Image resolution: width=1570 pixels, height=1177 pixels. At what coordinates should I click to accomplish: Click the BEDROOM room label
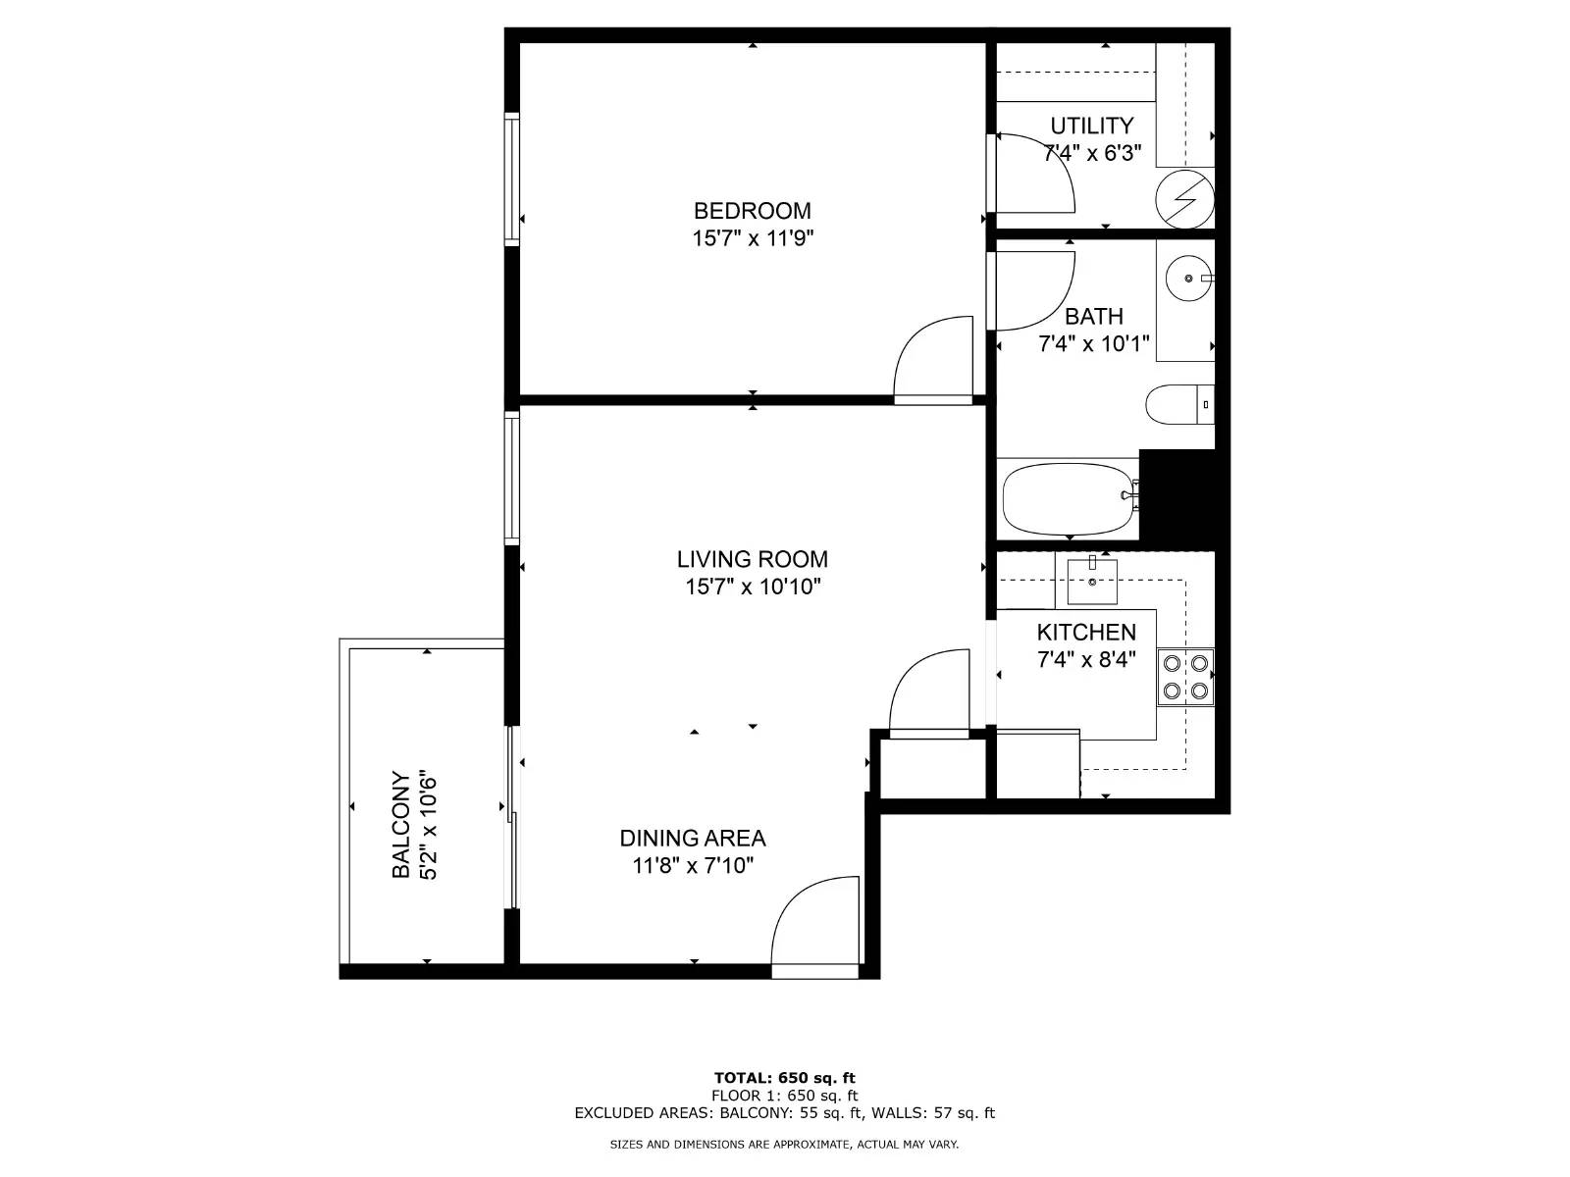752,211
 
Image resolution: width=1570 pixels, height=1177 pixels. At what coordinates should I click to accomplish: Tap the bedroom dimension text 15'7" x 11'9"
753,238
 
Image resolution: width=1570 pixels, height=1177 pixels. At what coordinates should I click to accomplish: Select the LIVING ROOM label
752,559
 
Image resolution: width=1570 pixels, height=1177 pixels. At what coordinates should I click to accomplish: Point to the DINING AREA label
693,838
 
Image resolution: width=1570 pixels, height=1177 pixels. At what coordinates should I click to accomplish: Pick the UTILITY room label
1091,126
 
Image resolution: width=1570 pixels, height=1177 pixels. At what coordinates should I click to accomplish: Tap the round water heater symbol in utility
1184,199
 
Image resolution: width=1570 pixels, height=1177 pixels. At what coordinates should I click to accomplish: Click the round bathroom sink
1188,278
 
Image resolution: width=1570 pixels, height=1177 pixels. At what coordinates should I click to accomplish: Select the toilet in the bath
1179,404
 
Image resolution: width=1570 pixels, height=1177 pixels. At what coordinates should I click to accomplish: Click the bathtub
1070,499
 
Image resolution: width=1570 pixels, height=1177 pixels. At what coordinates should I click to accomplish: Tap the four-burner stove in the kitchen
1185,677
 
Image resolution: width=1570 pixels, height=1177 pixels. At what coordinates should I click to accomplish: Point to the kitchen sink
1092,582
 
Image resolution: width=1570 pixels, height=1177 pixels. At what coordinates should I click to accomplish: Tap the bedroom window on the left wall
511,179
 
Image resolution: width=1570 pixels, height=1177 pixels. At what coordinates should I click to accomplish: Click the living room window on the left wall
511,478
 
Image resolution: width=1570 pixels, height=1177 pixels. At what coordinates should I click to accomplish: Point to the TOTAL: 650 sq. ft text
785,1078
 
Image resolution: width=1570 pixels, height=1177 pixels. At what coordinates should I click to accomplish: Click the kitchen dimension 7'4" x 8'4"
1086,659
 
